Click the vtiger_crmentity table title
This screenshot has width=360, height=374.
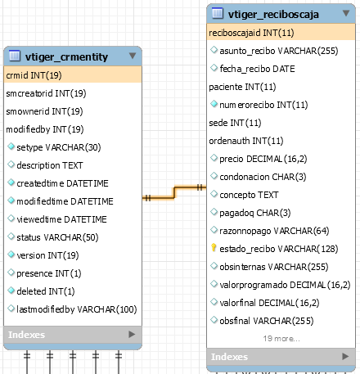pos(66,56)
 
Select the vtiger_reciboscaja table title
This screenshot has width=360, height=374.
pos(273,14)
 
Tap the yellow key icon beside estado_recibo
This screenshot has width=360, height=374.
pos(214,248)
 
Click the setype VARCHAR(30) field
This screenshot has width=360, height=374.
pos(59,147)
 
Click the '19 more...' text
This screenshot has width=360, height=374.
pos(281,339)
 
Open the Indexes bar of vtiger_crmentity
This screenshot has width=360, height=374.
pos(73,335)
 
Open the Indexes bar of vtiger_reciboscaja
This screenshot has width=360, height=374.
pos(281,357)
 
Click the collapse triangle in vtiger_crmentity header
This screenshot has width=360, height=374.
pos(133,56)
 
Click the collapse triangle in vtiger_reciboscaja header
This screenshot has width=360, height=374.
pos(346,13)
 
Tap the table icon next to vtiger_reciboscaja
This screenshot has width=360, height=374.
pos(218,13)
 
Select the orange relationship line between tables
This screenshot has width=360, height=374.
pos(174,192)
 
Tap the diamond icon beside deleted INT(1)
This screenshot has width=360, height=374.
pos(11,291)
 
